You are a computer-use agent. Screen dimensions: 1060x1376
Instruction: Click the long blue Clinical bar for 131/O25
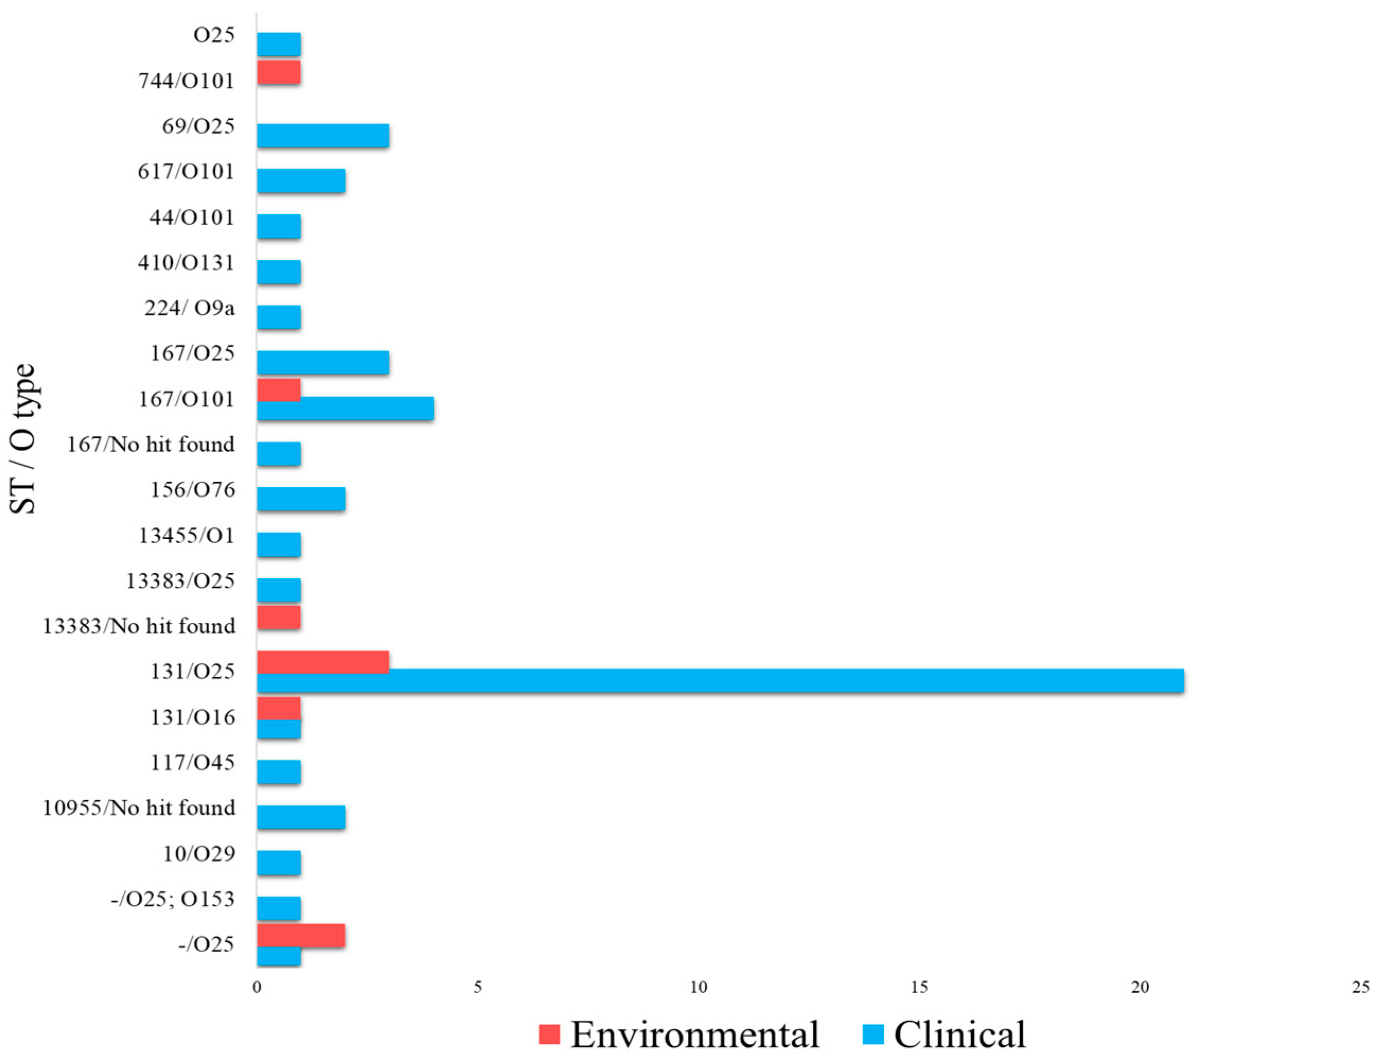pyautogui.click(x=720, y=681)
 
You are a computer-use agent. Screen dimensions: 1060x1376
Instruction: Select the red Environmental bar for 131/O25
pyautogui.click(x=323, y=662)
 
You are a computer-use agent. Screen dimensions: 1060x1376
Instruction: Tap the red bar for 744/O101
pyautogui.click(x=279, y=73)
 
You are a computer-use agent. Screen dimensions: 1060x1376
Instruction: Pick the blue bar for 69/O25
pyautogui.click(x=323, y=136)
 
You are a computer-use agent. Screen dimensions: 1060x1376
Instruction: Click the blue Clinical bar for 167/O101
pyautogui.click(x=345, y=409)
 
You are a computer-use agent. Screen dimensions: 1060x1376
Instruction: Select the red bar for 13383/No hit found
pyautogui.click(x=279, y=617)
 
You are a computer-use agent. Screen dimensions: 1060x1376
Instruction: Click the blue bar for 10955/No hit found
pyautogui.click(x=300, y=817)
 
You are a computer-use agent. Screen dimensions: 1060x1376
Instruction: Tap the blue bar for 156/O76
pyautogui.click(x=300, y=499)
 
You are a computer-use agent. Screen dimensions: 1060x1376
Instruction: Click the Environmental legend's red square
pyautogui.click(x=549, y=1034)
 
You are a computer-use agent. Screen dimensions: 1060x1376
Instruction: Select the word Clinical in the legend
pyautogui.click(x=960, y=1035)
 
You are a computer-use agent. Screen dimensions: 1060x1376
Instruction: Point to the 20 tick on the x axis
pyautogui.click(x=1140, y=987)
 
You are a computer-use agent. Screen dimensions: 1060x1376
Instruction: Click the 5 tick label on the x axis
pyautogui.click(x=477, y=987)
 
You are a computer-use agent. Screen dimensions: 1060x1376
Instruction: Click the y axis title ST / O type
pyautogui.click(x=23, y=439)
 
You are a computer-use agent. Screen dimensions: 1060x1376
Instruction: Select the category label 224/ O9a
pyautogui.click(x=190, y=308)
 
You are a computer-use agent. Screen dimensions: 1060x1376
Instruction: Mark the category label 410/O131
pyautogui.click(x=186, y=263)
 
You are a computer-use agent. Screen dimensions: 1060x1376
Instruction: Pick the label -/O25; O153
pyautogui.click(x=173, y=899)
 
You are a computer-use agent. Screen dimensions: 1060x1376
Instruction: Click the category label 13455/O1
pyautogui.click(x=186, y=536)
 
